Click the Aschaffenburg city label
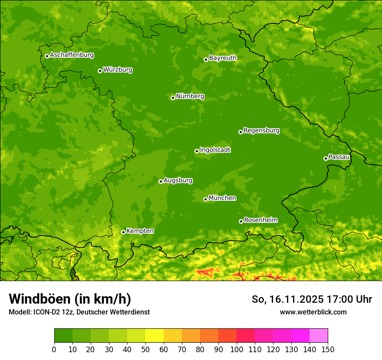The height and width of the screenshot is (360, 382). pos(72,55)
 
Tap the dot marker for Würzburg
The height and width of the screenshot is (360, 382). pos(100,71)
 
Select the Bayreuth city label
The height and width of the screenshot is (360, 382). pos(223,58)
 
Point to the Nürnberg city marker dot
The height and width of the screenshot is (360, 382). pos(173,98)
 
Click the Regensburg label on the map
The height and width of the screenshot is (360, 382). pos(261,130)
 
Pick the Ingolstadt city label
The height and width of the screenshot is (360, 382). pos(215,150)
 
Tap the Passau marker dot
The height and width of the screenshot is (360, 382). pos(326,158)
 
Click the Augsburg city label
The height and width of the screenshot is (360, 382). pos(178,180)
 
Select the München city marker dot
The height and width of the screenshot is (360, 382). pos(205,199)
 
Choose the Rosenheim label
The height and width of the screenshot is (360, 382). pos(260,220)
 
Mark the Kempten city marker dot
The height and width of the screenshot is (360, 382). pos(123,232)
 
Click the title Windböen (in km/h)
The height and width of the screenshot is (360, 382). pos(69,299)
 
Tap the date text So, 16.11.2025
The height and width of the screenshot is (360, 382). pos(287,299)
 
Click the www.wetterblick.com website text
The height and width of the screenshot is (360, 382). pos(313,312)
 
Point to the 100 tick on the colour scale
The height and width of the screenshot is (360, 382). pos(237,349)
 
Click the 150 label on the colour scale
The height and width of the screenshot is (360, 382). pos(328,349)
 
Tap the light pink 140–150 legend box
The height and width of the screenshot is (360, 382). pos(319,336)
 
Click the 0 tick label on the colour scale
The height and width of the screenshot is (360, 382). pos(54,349)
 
